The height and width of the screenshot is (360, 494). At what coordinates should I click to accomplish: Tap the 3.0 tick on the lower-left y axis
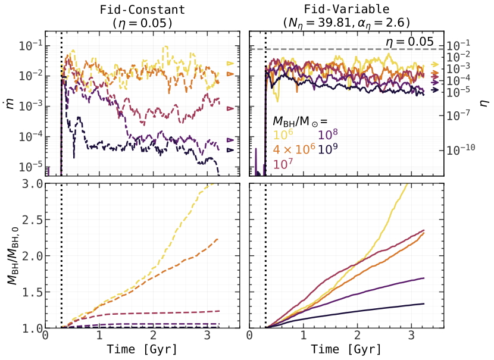click(32, 184)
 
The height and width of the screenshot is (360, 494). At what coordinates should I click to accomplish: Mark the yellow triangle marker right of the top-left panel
click(232, 64)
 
